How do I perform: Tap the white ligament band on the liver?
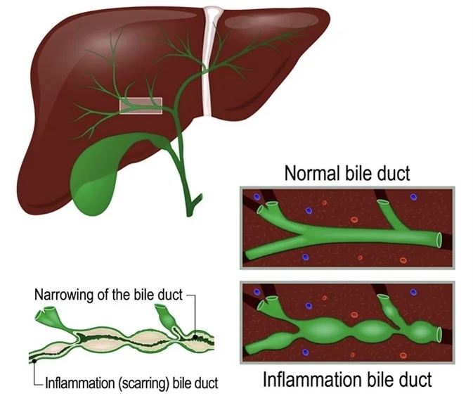209,63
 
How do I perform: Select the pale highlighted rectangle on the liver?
141,106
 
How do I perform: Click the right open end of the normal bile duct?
439,241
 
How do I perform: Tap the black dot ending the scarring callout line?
33,361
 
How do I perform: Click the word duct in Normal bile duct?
393,172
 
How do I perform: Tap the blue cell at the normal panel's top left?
258,198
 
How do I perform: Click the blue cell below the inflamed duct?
304,352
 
